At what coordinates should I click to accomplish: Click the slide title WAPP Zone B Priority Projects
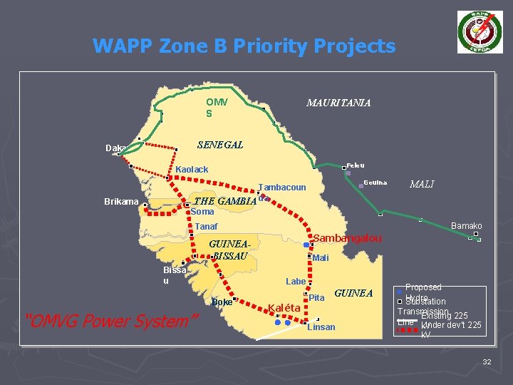point(244,46)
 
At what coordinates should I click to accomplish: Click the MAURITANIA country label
point(338,103)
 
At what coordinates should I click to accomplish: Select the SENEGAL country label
point(219,145)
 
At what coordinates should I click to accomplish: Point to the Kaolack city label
point(192,170)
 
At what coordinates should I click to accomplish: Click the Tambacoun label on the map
point(281,187)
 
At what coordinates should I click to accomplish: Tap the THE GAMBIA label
point(224,201)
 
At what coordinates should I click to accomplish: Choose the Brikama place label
point(121,202)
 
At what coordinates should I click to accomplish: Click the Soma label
point(202,212)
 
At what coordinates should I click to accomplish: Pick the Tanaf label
point(206,227)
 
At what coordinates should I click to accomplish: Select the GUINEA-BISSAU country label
point(229,250)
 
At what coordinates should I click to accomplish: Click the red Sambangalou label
point(348,237)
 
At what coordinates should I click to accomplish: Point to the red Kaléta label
point(286,308)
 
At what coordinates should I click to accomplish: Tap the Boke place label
point(222,302)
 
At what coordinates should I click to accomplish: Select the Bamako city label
point(467,226)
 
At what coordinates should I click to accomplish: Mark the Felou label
point(356,165)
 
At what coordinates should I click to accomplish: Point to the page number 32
point(487,363)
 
